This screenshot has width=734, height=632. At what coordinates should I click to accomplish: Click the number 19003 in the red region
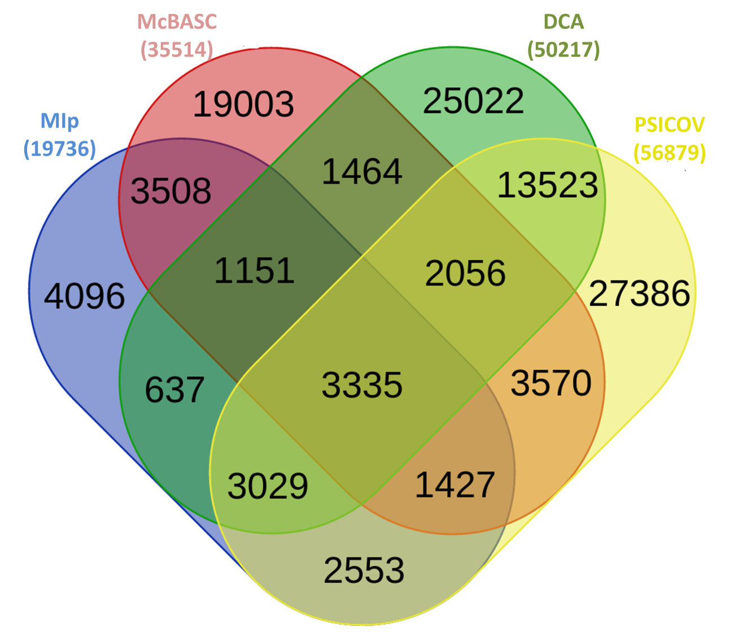[x=243, y=104]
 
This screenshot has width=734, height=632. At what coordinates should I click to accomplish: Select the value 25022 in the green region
[x=473, y=101]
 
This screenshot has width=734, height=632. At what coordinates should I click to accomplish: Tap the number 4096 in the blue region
[x=84, y=296]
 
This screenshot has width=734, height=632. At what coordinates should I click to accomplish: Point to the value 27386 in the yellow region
[x=639, y=293]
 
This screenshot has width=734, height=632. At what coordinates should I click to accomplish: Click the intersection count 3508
[x=171, y=191]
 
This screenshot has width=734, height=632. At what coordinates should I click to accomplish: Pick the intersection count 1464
[x=362, y=172]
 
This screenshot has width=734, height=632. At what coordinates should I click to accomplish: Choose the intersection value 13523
[x=548, y=185]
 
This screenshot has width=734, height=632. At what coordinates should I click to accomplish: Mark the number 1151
[x=254, y=271]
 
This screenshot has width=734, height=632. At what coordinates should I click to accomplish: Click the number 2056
[x=465, y=273]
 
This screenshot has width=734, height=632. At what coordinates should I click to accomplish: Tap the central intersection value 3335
[x=362, y=385]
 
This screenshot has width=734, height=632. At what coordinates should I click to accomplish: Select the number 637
[x=174, y=390]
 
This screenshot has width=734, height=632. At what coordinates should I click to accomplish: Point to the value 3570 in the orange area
[x=550, y=383]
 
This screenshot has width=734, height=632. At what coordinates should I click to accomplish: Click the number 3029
[x=268, y=486]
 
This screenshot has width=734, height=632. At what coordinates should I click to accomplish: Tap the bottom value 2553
[x=364, y=570]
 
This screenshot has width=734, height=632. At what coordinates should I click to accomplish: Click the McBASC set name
[x=177, y=21]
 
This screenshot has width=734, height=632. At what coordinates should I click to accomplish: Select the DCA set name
[x=563, y=21]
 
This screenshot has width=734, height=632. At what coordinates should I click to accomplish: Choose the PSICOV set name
[x=670, y=125]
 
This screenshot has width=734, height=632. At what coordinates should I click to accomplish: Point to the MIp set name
[x=60, y=122]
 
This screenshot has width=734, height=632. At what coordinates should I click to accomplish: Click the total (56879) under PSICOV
[x=670, y=153]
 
